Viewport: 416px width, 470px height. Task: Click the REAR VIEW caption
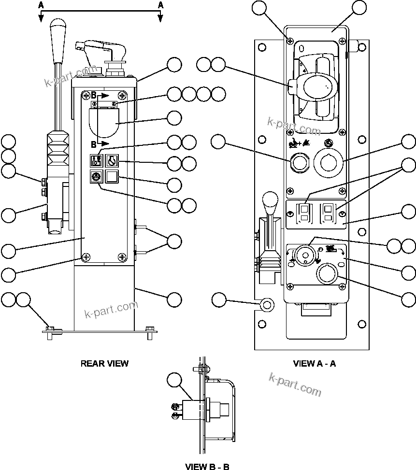tap(104, 363)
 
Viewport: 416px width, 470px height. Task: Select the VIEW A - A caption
tap(314, 363)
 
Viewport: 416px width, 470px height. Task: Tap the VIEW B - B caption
tap(207, 466)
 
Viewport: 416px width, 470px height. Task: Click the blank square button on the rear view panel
tap(112, 177)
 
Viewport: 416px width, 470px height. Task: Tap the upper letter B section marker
tap(94, 95)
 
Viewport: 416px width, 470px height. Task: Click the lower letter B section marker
tap(94, 143)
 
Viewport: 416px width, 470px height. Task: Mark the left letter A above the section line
tap(41, 4)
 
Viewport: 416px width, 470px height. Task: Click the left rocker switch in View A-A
tap(304, 211)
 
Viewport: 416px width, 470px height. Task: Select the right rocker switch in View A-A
tap(329, 211)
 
